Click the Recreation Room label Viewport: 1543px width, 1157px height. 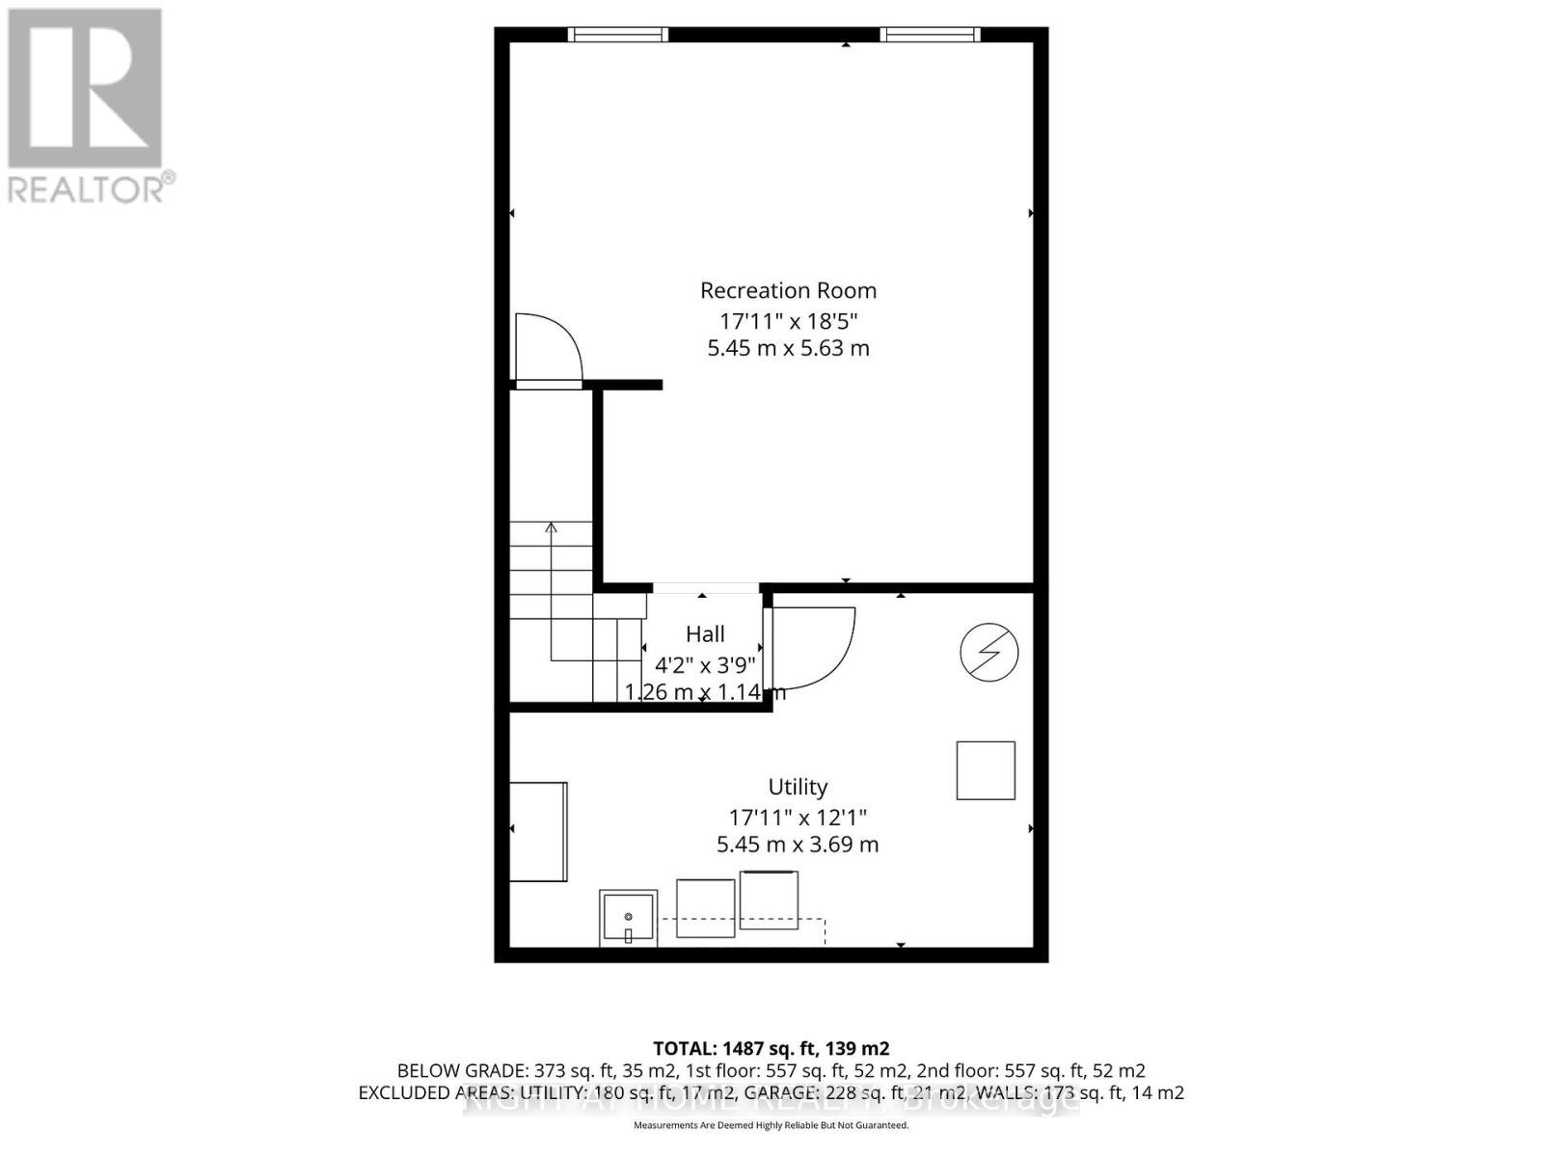[x=788, y=290]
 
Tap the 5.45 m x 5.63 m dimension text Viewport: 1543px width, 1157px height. [x=788, y=348]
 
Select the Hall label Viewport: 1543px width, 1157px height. [x=705, y=634]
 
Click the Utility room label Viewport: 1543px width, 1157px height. [x=798, y=787]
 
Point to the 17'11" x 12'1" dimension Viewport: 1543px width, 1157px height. [x=798, y=818]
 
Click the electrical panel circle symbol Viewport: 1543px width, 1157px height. [x=989, y=653]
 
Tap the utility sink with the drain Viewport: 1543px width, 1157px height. [x=628, y=918]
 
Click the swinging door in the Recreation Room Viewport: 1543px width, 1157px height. [x=547, y=349]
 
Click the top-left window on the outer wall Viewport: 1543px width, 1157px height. [x=618, y=35]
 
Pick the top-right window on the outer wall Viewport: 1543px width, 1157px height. [x=930, y=35]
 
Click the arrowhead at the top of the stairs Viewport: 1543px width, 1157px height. [x=552, y=527]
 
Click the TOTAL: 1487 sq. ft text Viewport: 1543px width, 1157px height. [x=771, y=1048]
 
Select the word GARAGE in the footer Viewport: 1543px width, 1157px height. [x=853, y=1093]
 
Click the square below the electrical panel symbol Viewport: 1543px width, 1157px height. [x=986, y=770]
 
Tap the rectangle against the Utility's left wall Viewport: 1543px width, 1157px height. [x=538, y=831]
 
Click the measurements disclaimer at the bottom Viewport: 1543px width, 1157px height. [x=771, y=1125]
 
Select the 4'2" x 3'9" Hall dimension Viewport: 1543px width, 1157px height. [x=705, y=664]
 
